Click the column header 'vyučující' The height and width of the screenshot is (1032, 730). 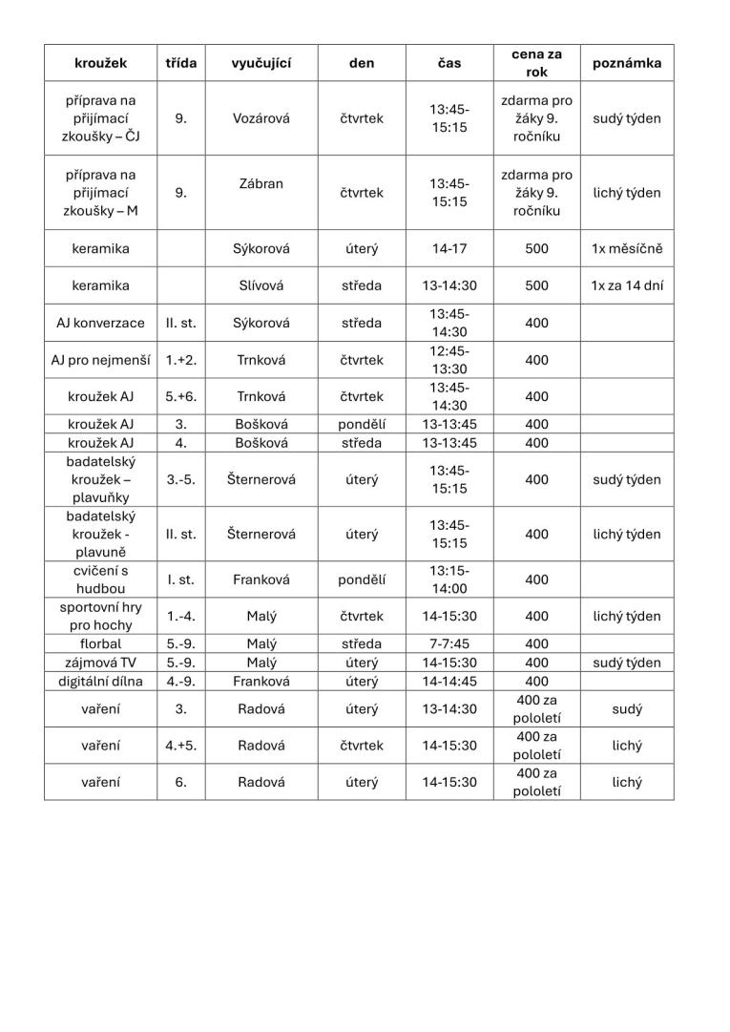coord(261,63)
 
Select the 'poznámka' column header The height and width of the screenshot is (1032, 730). coord(626,63)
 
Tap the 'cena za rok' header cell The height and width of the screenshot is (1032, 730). coord(536,63)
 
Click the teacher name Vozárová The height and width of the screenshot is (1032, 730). coord(261,118)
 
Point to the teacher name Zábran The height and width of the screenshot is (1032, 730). coord(261,183)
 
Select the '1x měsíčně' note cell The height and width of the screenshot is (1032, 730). coord(626,249)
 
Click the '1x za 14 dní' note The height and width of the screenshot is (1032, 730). coord(626,285)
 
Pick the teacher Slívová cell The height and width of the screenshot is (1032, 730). coord(261,285)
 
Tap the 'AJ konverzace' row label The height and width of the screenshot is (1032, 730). coord(101,323)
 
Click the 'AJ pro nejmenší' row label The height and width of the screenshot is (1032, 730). coord(101,360)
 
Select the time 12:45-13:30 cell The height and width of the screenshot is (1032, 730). coord(448,360)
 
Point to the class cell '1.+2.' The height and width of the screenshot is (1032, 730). coord(180,360)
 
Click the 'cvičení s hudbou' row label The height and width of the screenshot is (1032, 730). coord(101,579)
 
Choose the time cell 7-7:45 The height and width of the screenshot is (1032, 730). coord(448,643)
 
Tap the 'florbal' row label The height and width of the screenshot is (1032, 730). coord(101,643)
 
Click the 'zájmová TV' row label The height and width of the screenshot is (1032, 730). coord(101,663)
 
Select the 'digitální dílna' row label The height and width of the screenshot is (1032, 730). coord(101,681)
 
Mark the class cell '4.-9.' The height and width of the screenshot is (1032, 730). coord(180,681)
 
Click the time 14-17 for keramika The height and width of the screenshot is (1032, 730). coord(448,249)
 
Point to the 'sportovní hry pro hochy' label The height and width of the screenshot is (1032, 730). coord(101,616)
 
